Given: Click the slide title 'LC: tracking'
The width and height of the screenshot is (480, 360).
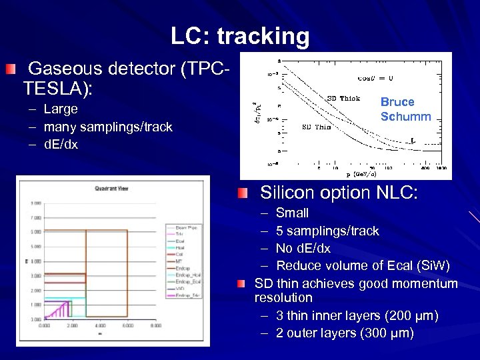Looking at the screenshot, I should click(x=240, y=36).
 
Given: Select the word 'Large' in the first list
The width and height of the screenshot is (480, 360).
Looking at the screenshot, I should click(x=61, y=109).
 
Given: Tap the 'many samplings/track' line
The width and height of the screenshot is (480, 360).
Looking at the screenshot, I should click(x=108, y=127).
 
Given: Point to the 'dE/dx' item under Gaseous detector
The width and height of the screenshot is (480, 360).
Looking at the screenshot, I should click(x=61, y=145).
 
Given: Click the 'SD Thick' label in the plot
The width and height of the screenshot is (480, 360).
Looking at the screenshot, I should click(x=343, y=98).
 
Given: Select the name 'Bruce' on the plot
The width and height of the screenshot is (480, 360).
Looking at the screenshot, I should click(x=397, y=102).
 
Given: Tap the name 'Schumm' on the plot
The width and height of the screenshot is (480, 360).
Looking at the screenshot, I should click(x=405, y=117).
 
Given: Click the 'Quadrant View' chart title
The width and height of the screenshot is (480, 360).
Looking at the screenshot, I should click(x=111, y=188).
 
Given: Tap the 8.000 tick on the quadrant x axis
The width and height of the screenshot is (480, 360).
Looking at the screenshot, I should click(x=155, y=325).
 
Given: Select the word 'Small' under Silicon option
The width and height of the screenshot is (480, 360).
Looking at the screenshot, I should click(x=292, y=213).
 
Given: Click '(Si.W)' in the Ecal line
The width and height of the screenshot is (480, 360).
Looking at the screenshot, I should click(x=429, y=266).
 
